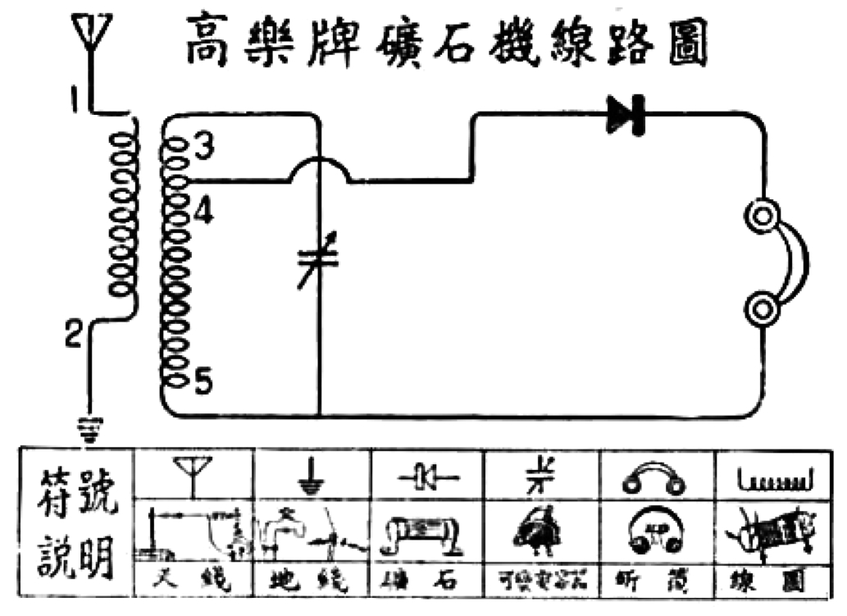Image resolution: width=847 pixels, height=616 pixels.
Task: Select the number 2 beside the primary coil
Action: tap(73, 335)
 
